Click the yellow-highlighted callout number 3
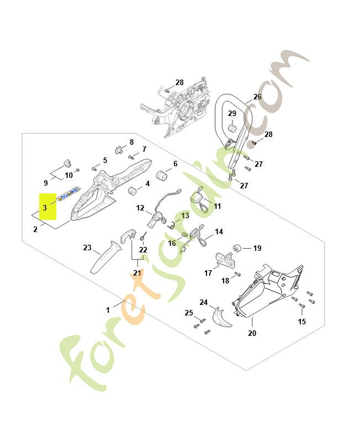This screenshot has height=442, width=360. click(45, 208)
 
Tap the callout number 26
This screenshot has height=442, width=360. click(257, 97)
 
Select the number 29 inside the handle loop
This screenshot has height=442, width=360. click(232, 114)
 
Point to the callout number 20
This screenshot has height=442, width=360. click(252, 333)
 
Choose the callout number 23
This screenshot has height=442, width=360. click(87, 248)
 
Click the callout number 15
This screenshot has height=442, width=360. click(301, 322)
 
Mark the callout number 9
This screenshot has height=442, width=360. click(46, 183)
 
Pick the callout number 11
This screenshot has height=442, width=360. click(217, 206)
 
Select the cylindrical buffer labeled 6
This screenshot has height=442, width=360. click(163, 176)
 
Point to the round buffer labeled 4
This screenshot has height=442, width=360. click(133, 191)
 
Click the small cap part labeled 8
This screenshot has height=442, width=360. click(118, 149)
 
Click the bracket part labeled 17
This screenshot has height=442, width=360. click(223, 257)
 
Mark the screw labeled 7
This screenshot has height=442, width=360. click(131, 156)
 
